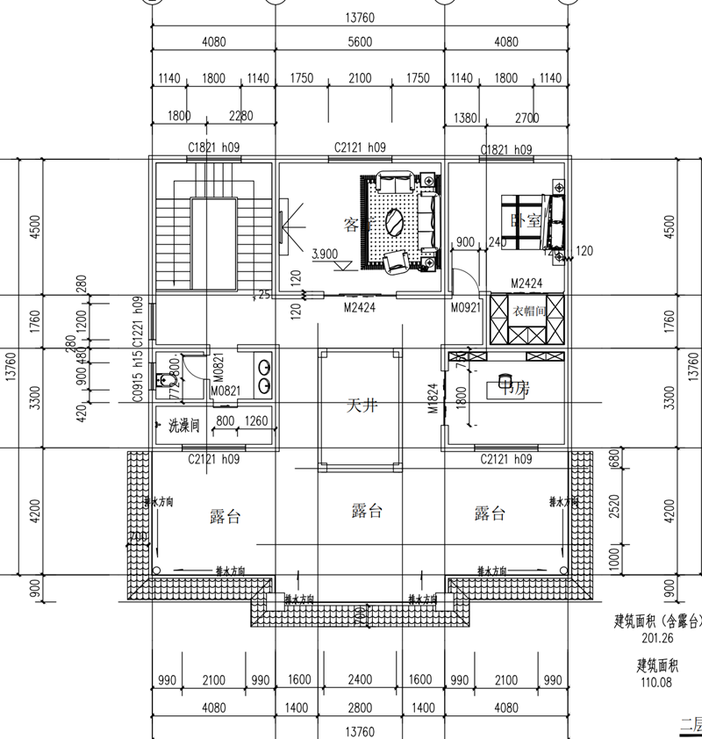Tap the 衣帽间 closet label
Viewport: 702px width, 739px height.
(530, 311)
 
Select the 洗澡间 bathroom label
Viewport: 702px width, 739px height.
(184, 426)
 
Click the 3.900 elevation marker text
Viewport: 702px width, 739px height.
(325, 255)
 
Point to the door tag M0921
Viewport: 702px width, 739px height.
(465, 307)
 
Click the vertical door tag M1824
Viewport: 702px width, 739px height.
(433, 397)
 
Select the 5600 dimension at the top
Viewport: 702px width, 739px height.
(360, 41)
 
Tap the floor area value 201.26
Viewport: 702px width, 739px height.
(655, 638)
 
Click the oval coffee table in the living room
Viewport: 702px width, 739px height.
(397, 220)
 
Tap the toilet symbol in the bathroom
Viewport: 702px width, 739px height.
(162, 379)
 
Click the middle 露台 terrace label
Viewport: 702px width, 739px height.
(366, 511)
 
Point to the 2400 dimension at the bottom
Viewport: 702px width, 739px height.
(360, 679)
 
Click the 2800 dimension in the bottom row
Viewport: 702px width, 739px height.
(360, 707)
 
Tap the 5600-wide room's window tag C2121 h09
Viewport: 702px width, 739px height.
(360, 148)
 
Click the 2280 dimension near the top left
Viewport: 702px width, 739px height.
(240, 116)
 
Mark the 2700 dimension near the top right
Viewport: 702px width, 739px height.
(526, 117)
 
